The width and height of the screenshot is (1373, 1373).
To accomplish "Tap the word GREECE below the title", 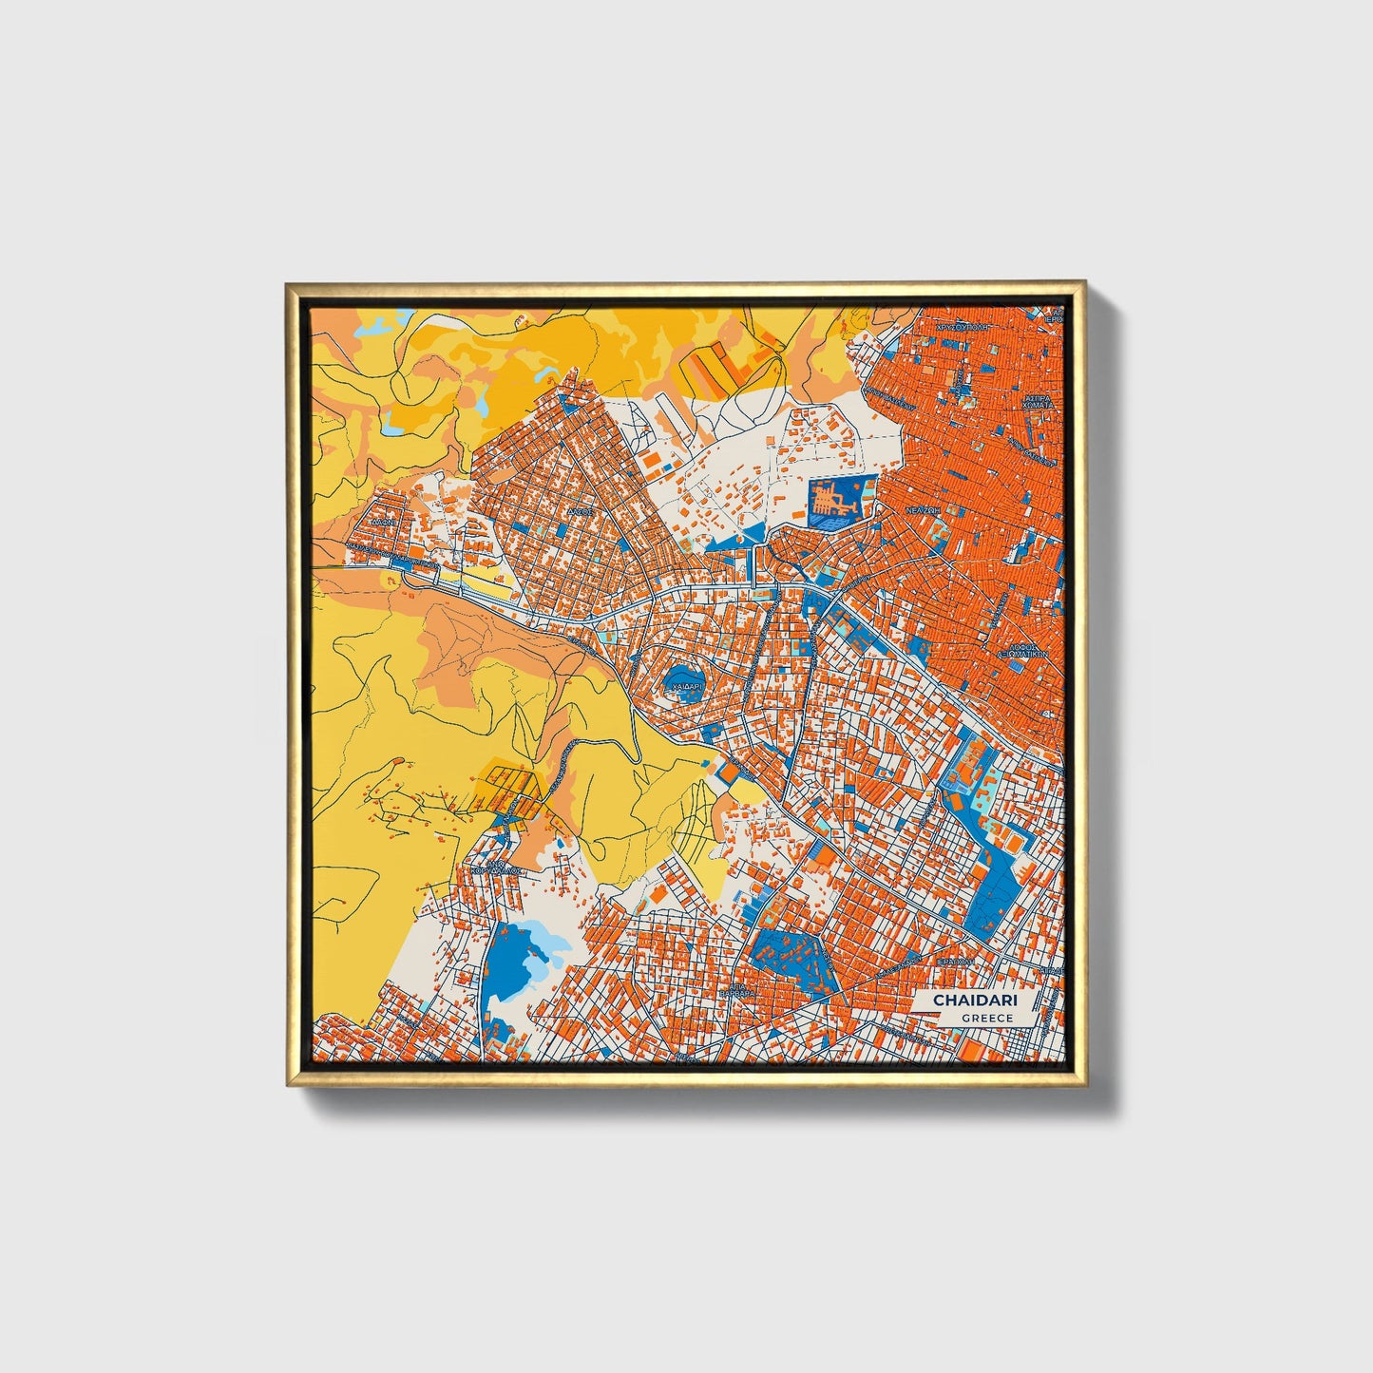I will coord(986,1018).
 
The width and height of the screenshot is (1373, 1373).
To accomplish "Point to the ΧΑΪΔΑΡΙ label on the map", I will coord(686,685).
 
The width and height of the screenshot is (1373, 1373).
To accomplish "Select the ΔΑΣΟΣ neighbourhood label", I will coord(581,510).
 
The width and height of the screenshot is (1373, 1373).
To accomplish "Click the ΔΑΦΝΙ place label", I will coord(384,523).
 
